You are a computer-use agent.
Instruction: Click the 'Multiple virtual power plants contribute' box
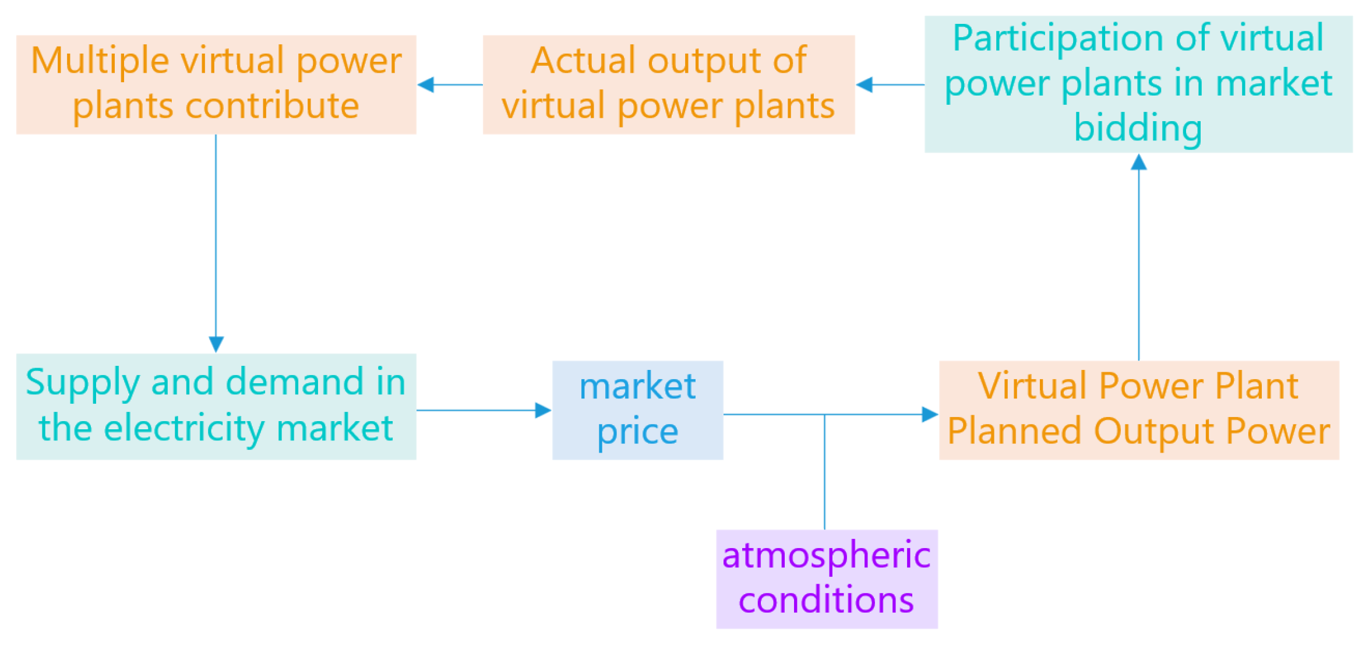[216, 84]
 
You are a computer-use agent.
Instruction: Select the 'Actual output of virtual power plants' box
[668, 84]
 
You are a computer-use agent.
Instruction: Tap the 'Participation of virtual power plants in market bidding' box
[1138, 84]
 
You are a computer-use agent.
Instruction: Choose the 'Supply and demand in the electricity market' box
[216, 407]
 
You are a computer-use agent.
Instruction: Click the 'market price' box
[637, 410]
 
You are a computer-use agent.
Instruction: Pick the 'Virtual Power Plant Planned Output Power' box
[1138, 410]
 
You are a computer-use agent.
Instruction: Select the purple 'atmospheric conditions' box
[826, 579]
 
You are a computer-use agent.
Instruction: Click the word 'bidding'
[1138, 128]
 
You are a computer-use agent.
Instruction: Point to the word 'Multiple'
[100, 61]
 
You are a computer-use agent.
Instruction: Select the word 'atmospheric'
[826, 555]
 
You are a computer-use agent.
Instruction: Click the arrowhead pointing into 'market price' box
[544, 410]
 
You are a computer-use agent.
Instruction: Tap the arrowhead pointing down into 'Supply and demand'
[216, 344]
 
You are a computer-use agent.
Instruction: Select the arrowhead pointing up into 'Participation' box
[1138, 162]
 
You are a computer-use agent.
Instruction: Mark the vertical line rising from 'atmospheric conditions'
[824, 472]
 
